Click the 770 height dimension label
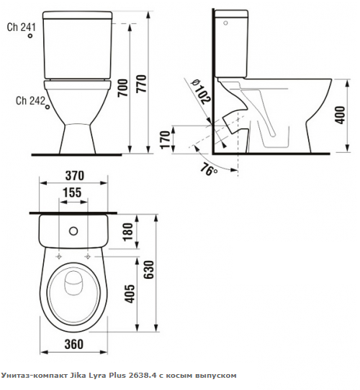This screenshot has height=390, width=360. pos(142,84)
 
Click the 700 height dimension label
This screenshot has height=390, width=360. pos(123,88)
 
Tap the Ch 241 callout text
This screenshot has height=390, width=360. pos(22,27)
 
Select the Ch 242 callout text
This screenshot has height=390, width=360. pos(30,101)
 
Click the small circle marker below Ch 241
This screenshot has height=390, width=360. pos(30,36)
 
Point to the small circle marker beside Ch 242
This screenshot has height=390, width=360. pos(48,107)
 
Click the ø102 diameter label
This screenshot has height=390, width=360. pos(202,92)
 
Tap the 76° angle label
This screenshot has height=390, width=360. pos(209,169)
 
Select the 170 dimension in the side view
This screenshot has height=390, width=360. pos(166,140)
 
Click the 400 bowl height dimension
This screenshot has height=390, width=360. pos(340,115)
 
